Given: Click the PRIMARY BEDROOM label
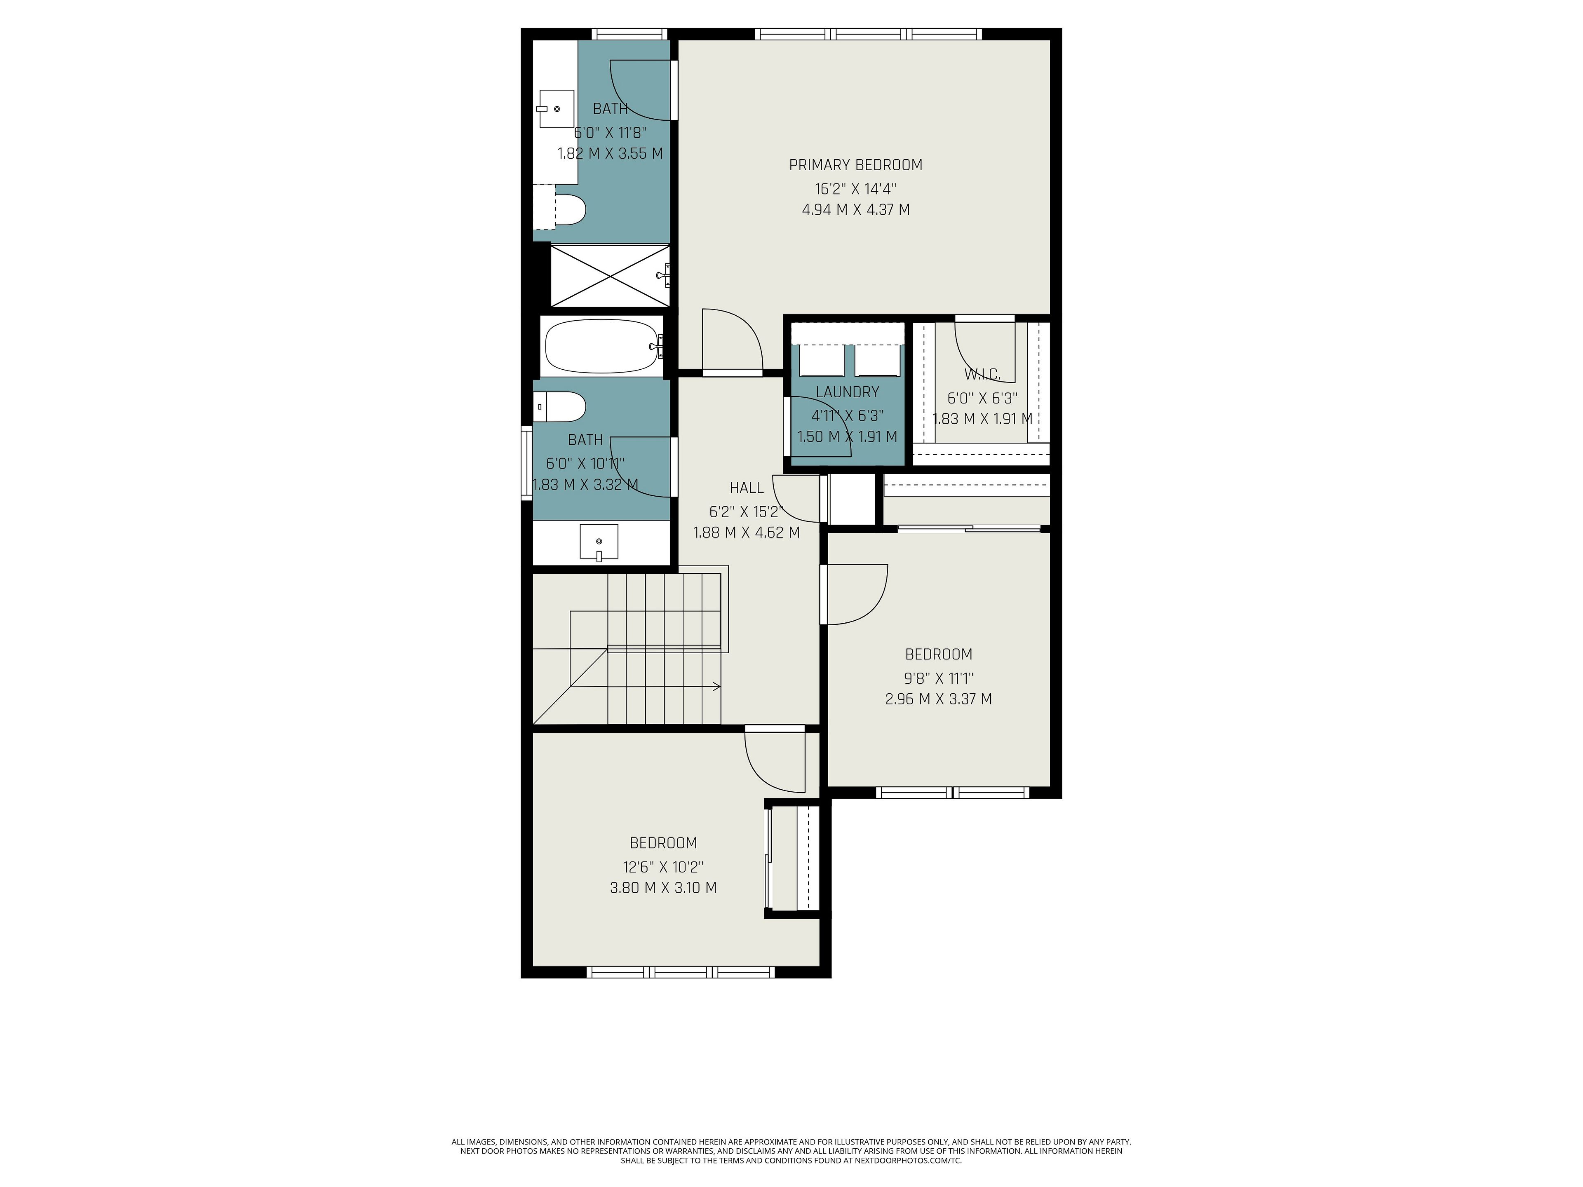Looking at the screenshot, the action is tap(856, 165).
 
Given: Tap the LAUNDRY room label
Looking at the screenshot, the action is tap(847, 392).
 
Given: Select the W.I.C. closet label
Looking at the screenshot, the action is tap(983, 374).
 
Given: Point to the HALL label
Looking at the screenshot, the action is tap(747, 488).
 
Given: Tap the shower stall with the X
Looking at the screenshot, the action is tap(610, 275).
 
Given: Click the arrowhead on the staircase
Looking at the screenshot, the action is tap(717, 687).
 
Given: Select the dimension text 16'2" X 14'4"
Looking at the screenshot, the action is tap(856, 189).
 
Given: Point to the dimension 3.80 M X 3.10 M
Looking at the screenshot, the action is tap(663, 888).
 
